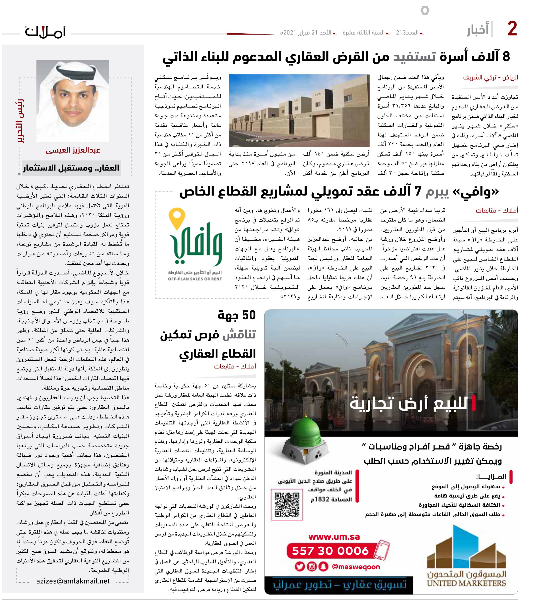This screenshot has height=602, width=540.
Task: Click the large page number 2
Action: tap(512, 29)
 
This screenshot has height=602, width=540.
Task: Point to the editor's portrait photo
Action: tap(73, 101)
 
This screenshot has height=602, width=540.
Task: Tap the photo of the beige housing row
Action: tap(299, 111)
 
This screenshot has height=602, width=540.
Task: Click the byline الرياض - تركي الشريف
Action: tap(490, 78)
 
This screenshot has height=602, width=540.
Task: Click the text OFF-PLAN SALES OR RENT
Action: tap(195, 279)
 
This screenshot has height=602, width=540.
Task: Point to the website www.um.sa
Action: tap(334, 537)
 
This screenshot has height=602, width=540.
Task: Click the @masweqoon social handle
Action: tap(356, 567)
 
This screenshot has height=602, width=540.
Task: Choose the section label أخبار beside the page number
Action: tap(478, 30)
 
